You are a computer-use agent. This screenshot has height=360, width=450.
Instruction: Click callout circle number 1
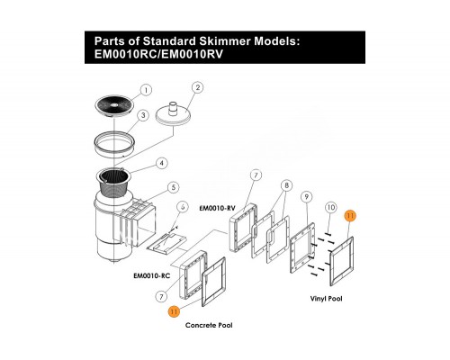146,90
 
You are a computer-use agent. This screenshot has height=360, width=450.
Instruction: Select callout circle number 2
197,87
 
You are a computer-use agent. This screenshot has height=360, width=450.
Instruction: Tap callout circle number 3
143,115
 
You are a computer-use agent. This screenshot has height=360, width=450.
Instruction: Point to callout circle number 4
162,164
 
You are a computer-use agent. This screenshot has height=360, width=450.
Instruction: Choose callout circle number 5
174,188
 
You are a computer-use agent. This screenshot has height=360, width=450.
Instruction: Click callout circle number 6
183,207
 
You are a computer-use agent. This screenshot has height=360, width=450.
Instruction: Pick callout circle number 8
287,185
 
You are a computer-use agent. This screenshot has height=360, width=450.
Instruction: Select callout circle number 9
307,197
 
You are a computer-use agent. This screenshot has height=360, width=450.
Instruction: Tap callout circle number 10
330,207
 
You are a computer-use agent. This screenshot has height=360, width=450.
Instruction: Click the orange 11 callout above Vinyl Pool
350,215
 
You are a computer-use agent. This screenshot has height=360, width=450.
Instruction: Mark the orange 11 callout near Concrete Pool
174,311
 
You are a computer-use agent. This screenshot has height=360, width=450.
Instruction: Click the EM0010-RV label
217,208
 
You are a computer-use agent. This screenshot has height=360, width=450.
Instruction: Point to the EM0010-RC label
151,275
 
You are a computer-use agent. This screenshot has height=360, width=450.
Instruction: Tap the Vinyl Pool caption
326,299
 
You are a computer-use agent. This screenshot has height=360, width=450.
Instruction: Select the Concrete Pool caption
209,325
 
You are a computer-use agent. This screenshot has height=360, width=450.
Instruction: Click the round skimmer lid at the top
113,105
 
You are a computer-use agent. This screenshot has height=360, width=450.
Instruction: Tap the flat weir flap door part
167,242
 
